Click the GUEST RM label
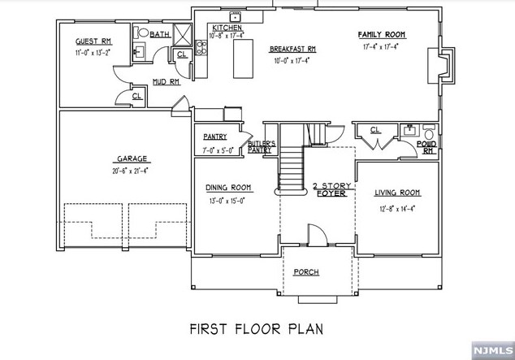pyautogui.click(x=93, y=41)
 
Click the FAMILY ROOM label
pyautogui.click(x=381, y=35)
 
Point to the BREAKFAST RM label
pyautogui.click(x=292, y=50)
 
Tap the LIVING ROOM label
pyautogui.click(x=396, y=193)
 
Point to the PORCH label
pyautogui.click(x=305, y=271)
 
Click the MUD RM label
pyautogui.click(x=166, y=82)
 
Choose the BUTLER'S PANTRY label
pyautogui.click(x=260, y=147)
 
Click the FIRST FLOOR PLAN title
pyautogui.click(x=256, y=329)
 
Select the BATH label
pyautogui.click(x=159, y=35)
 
